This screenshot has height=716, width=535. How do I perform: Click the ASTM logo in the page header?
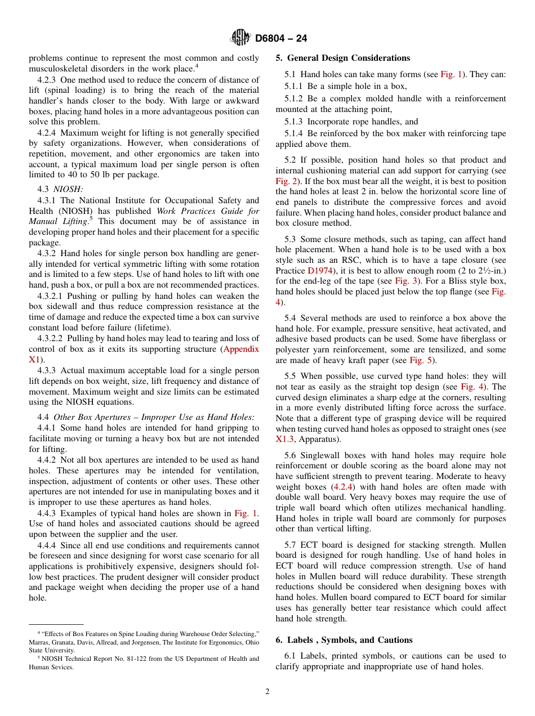(240, 38)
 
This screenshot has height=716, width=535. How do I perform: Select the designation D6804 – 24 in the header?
(281, 39)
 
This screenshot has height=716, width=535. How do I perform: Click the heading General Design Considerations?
(349, 58)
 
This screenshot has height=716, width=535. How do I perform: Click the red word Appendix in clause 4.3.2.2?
(241, 349)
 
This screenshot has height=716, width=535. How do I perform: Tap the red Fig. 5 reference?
(421, 360)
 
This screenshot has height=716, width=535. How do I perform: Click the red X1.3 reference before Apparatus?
(284, 439)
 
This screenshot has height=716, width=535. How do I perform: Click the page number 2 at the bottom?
(267, 692)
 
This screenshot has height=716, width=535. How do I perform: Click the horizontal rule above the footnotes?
(56, 624)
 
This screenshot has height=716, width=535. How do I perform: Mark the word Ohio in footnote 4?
(252, 642)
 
